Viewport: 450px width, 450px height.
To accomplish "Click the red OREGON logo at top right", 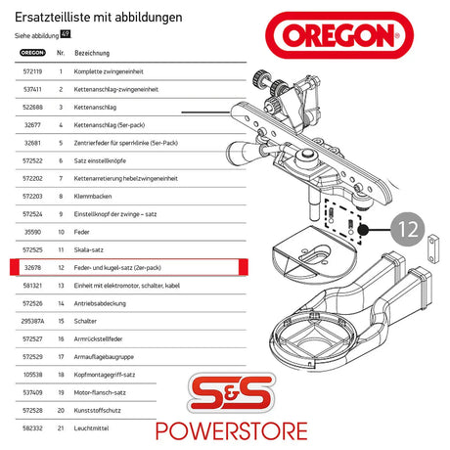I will (334, 36).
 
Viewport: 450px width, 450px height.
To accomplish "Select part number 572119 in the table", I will (32, 72).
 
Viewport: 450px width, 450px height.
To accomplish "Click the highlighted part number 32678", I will (32, 265).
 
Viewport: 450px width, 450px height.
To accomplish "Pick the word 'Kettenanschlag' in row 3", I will (96, 108).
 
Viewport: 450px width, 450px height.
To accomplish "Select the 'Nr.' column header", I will (62, 53).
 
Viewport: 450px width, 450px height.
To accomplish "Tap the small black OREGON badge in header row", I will (32, 53).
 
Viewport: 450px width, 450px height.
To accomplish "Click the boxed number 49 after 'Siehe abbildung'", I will (65, 34).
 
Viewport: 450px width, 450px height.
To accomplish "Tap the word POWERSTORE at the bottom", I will (284, 429).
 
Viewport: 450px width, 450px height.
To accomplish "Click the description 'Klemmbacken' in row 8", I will (93, 196).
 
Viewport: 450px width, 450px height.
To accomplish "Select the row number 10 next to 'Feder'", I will (61, 231).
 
